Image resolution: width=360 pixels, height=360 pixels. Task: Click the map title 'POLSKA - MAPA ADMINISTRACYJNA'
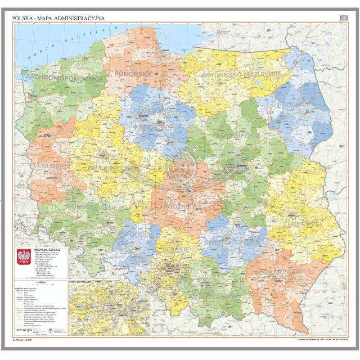tap(59, 18)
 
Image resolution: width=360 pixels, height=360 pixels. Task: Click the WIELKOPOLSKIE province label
tap(112, 168)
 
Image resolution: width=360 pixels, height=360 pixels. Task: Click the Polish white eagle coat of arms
tap(25, 260)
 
